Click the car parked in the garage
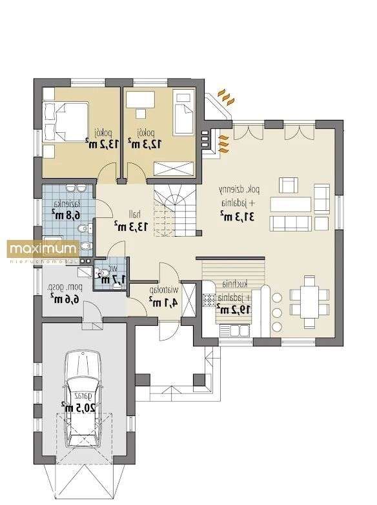click(83, 401)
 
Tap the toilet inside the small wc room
click(103, 278)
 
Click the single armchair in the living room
click(287, 186)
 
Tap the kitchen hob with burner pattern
click(209, 300)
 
